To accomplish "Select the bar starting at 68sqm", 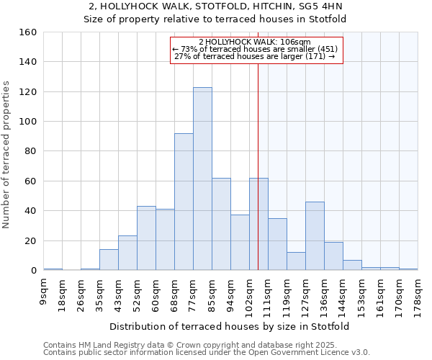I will tap(184, 202).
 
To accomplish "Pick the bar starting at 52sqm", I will tap(146, 238).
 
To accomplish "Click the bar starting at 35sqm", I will tap(109, 260).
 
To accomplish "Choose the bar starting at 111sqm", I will tap(277, 244).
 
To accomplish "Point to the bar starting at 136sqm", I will tap(333, 256).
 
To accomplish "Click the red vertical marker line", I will tap(258, 180).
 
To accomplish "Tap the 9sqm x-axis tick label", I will tap(44, 289).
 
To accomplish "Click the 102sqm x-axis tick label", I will tap(250, 292).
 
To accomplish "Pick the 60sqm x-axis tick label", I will tap(156, 291).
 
